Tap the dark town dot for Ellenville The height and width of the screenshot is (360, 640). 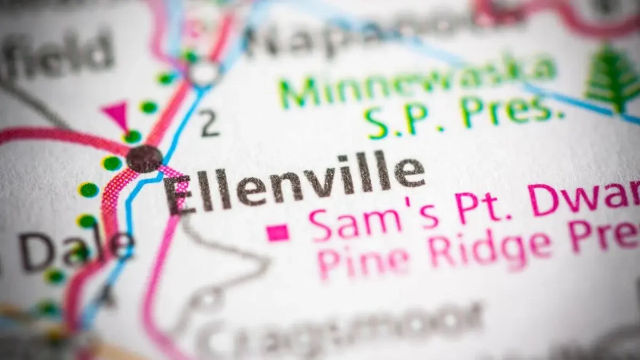(145, 158)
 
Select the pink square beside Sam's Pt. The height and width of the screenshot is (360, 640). (277, 233)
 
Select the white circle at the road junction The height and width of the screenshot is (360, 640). (204, 72)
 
